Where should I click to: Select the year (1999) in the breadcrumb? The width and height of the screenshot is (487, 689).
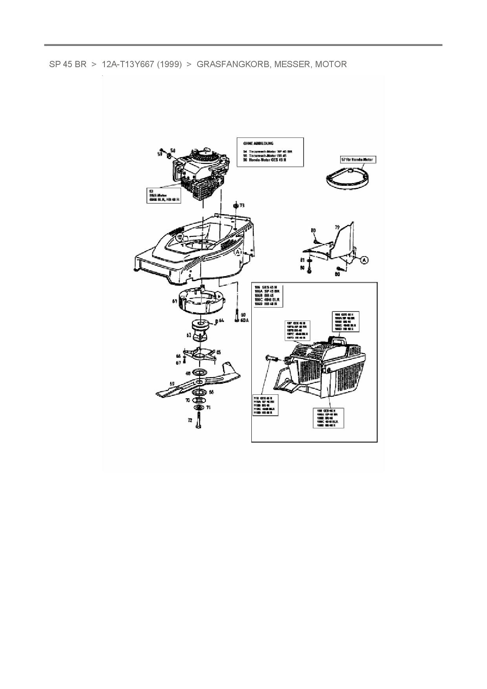pyautogui.click(x=169, y=64)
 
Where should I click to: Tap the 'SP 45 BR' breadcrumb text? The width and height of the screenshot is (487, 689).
pyautogui.click(x=68, y=64)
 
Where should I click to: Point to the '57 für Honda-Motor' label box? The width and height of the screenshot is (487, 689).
pyautogui.click(x=358, y=160)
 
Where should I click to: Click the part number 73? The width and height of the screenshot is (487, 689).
pyautogui.click(x=242, y=205)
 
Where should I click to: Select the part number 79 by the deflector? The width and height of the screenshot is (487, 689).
pyautogui.click(x=337, y=227)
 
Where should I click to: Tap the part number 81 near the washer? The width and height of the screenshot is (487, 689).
pyautogui.click(x=302, y=260)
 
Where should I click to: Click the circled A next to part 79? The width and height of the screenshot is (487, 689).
pyautogui.click(x=364, y=260)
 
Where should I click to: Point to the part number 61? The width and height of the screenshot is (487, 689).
pyautogui.click(x=174, y=301)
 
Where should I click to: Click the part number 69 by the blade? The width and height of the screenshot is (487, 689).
pyautogui.click(x=172, y=383)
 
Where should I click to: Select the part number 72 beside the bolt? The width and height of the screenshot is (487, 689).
pyautogui.click(x=190, y=420)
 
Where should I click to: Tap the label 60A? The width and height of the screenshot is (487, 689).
pyautogui.click(x=244, y=320)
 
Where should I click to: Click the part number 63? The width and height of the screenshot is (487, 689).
pyautogui.click(x=189, y=335)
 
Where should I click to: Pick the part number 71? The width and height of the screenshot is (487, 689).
pyautogui.click(x=208, y=408)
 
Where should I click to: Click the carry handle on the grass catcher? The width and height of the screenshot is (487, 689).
pyautogui.click(x=339, y=339)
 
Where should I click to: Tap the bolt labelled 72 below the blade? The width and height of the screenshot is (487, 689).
pyautogui.click(x=199, y=423)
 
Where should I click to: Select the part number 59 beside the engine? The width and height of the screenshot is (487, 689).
pyautogui.click(x=160, y=154)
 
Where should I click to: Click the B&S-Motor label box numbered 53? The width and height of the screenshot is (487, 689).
pyautogui.click(x=162, y=195)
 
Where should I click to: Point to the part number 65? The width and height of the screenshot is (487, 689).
pyautogui.click(x=218, y=352)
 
